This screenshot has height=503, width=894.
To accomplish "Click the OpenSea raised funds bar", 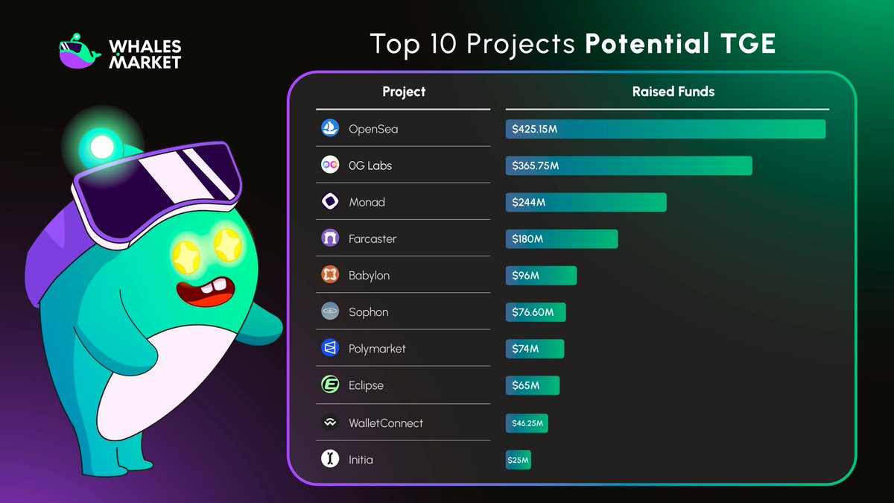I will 665,129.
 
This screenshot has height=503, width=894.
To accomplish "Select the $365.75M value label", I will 535,165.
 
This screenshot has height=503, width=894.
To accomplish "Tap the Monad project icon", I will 330,202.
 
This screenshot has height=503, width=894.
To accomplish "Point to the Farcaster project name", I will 372,238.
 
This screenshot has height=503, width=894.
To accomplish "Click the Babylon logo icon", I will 330,275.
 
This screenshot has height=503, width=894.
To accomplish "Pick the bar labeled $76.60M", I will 536,312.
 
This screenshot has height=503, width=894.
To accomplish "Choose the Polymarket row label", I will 377,348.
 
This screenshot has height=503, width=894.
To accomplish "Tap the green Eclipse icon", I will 330,385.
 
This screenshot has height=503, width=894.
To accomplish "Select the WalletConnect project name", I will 385,423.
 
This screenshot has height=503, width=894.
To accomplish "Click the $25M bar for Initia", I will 519,460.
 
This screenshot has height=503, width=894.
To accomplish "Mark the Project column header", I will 404,92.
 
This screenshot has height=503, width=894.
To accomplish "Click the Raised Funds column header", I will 673,92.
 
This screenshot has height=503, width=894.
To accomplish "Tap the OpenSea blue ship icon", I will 330,129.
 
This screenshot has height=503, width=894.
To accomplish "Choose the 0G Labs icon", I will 330,165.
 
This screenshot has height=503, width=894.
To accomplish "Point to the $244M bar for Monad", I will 586,202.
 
